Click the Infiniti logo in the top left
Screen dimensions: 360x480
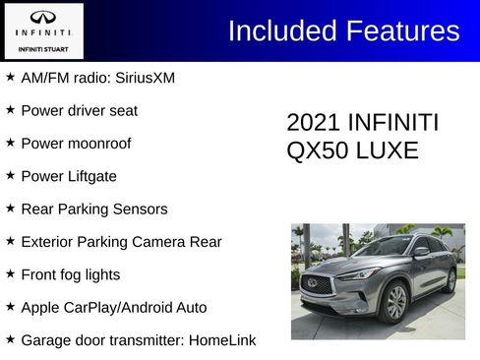point(44,18)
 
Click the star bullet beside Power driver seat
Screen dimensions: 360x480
point(10,109)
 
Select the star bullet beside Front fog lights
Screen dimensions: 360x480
point(10,274)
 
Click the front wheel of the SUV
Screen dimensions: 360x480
point(396,302)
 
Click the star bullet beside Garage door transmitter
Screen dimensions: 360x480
point(10,340)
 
